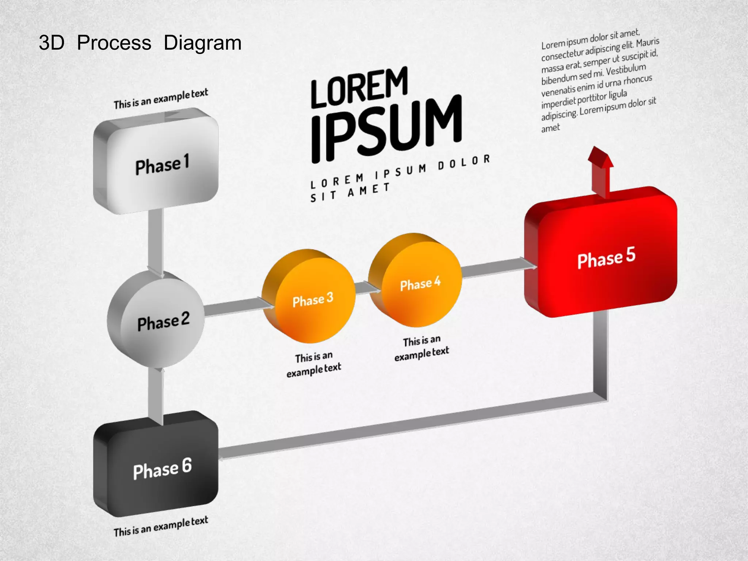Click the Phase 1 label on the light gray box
pos(162,165)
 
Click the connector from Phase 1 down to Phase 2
pos(156,241)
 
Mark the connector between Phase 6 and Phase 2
pos(156,396)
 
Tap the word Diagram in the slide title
pos(202,43)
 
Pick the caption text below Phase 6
pos(161,526)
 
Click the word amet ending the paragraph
pos(550,128)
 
